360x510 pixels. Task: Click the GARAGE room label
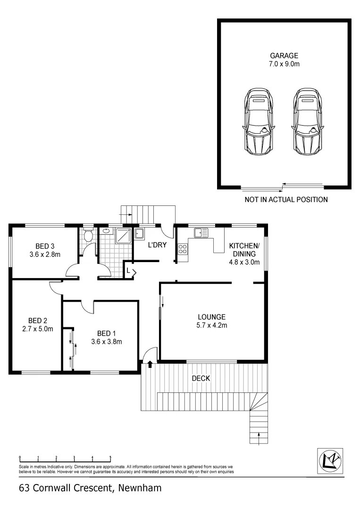click(284, 55)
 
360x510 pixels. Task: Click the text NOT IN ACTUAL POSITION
click(286, 200)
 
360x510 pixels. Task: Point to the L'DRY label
click(156, 245)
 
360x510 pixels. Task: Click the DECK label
click(201, 378)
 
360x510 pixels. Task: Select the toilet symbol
click(88, 235)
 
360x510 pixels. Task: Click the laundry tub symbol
click(139, 233)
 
